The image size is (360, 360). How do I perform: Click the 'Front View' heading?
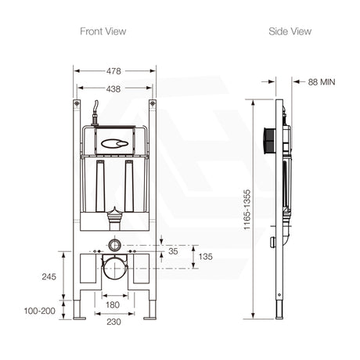(x=103, y=31)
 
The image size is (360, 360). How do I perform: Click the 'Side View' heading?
(x=290, y=31)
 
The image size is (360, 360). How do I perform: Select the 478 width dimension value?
(x=115, y=70)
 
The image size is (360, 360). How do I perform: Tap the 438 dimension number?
(x=115, y=89)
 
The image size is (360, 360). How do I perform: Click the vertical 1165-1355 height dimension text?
(x=247, y=207)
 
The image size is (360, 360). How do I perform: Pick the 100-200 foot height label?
(x=40, y=311)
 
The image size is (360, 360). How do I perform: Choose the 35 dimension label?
(x=173, y=251)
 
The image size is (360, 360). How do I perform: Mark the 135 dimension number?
(x=204, y=257)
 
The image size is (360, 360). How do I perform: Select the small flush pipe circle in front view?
(x=115, y=243)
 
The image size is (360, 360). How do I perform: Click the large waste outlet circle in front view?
(x=115, y=268)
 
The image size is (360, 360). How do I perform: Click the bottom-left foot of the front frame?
(x=77, y=317)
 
